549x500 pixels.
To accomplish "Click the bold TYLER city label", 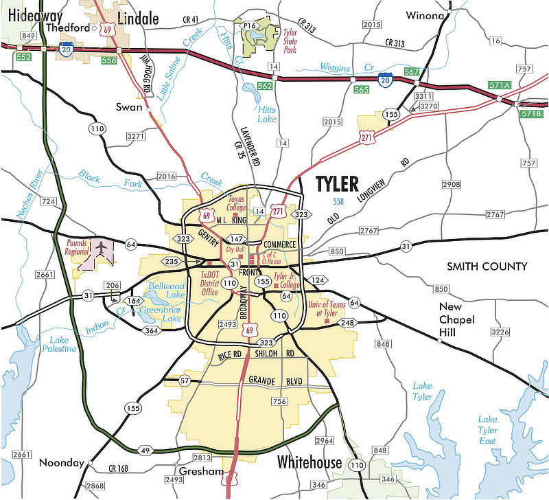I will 336,184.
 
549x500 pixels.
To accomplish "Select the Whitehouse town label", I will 309,462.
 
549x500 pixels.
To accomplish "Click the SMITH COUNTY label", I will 487,266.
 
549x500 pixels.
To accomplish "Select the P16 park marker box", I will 249,25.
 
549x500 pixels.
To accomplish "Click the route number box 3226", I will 501,332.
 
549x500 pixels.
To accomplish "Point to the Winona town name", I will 425,15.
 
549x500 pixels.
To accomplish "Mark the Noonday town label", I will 62,462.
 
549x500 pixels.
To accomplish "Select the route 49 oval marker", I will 145,451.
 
